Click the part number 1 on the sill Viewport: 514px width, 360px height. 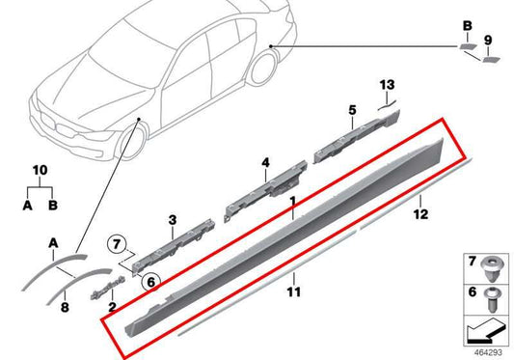coord(291,204)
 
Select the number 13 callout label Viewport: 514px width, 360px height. coord(388,85)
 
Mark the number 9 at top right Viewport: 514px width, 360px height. coord(487,40)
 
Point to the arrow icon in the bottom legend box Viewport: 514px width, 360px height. coord(481,332)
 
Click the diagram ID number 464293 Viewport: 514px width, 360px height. coord(489,353)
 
